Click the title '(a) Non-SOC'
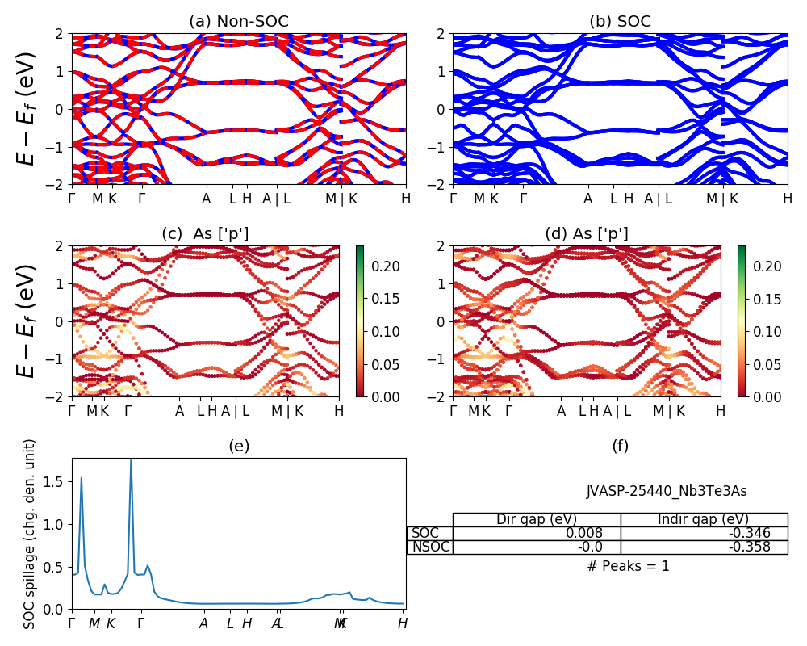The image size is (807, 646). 239,22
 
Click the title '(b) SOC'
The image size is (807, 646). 620,22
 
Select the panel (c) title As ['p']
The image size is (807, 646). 205,233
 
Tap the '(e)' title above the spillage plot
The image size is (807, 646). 239,446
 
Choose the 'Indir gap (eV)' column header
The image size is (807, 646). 703,519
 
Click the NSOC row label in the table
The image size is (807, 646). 430,547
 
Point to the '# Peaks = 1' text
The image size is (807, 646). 628,566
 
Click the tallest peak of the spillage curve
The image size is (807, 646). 131,460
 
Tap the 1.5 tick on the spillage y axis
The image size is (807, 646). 58,482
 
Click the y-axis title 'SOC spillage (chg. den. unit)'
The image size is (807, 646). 31,534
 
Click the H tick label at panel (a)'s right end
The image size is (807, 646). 406,199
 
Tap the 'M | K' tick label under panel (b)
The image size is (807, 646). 723,199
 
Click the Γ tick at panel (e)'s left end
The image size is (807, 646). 72,623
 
